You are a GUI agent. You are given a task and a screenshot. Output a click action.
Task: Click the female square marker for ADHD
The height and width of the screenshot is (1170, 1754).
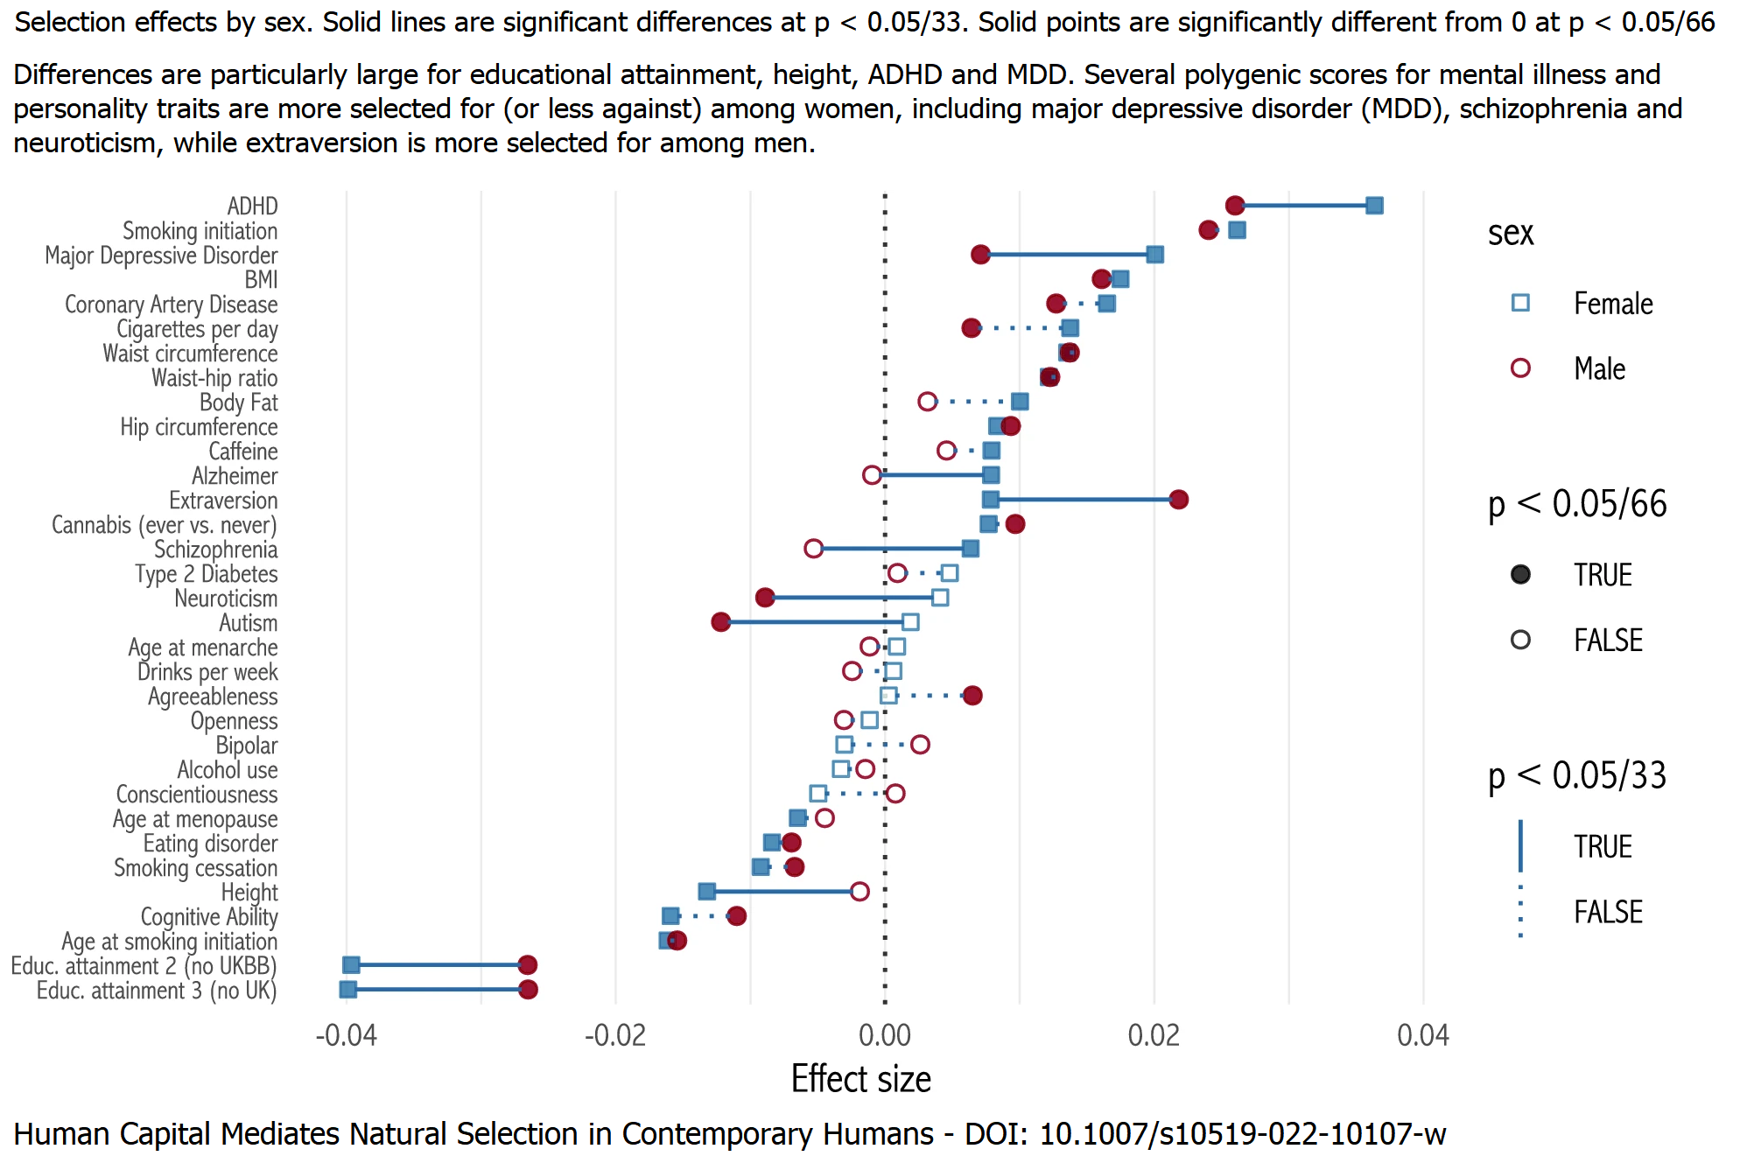[1374, 206]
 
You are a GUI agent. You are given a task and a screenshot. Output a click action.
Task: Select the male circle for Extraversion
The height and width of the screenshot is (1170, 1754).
[1178, 500]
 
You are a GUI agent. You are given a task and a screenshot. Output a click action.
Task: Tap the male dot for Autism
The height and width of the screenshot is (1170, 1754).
[720, 622]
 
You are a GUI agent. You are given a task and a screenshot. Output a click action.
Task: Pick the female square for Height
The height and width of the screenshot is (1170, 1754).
[706, 892]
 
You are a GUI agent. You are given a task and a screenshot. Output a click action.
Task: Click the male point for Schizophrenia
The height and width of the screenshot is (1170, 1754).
[813, 549]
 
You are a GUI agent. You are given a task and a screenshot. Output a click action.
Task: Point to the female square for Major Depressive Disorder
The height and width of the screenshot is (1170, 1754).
[1154, 255]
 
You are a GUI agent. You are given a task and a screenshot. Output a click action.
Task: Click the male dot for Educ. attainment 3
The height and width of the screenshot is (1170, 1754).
[528, 990]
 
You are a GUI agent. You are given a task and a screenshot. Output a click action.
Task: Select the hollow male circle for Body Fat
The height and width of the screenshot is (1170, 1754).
[927, 402]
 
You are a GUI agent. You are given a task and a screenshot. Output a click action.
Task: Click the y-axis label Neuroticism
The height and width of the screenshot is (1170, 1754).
[226, 599]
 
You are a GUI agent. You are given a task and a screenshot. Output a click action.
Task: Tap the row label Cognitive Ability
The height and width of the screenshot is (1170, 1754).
[209, 917]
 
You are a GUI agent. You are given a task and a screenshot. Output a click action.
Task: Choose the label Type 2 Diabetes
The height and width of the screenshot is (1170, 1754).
[206, 574]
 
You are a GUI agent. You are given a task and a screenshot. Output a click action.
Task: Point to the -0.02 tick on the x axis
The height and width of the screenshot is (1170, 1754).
[615, 1036]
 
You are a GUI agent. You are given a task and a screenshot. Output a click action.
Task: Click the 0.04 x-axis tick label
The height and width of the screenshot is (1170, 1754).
[1423, 1036]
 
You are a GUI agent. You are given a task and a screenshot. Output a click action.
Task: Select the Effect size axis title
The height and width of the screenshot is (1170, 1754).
[860, 1079]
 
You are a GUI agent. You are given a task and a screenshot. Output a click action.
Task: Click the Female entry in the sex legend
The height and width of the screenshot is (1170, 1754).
[1613, 304]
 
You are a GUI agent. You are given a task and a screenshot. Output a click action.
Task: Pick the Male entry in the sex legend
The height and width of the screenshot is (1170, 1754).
[1599, 368]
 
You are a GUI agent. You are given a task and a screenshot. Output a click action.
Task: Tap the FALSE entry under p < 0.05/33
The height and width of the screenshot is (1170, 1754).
[1608, 912]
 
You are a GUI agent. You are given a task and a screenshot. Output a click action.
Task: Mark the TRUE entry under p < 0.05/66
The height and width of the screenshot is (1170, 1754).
[1603, 575]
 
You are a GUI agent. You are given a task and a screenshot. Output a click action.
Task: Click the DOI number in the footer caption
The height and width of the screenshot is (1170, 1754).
[1242, 1134]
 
